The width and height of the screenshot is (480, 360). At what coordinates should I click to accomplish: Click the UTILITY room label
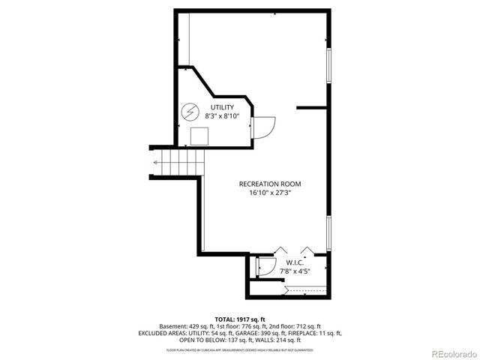pos(222,108)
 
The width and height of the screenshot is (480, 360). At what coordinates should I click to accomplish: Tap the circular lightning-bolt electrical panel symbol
pos(192,112)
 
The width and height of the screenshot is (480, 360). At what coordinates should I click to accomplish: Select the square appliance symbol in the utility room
pos(199,136)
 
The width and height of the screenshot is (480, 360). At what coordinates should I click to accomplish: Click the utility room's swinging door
pos(264,126)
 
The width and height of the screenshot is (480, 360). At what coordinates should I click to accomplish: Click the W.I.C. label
pos(294,262)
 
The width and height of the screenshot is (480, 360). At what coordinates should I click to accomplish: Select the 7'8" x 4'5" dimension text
pos(294,271)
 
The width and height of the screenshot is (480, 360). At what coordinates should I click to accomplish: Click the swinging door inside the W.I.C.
pos(265,266)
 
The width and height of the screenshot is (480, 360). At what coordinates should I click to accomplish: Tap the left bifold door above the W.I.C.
pos(280,250)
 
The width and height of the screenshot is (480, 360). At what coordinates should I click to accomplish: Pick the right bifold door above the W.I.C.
pos(307,250)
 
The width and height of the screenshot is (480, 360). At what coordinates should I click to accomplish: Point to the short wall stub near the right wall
pos(311,108)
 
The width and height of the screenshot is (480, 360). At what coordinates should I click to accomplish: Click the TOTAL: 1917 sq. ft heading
pos(239,319)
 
